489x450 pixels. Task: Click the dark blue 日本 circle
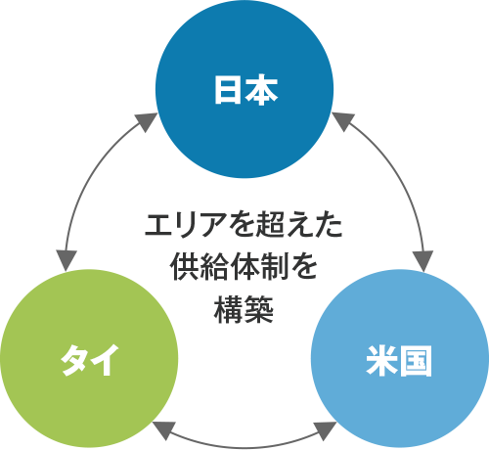(244, 89)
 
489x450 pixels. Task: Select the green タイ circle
(89, 358)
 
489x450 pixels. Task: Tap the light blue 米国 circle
(400, 358)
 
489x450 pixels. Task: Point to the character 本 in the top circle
(261, 90)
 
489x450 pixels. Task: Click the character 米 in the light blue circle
(381, 361)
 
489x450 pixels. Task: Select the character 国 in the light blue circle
(416, 361)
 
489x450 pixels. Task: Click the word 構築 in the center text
(244, 309)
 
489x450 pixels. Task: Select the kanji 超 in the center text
(269, 225)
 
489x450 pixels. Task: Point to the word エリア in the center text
(186, 225)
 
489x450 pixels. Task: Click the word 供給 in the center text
(200, 267)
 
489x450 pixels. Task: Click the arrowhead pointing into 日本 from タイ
(147, 121)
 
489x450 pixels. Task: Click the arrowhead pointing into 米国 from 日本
(422, 260)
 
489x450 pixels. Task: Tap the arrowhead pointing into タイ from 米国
(163, 429)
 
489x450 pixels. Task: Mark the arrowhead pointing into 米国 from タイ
(326, 430)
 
